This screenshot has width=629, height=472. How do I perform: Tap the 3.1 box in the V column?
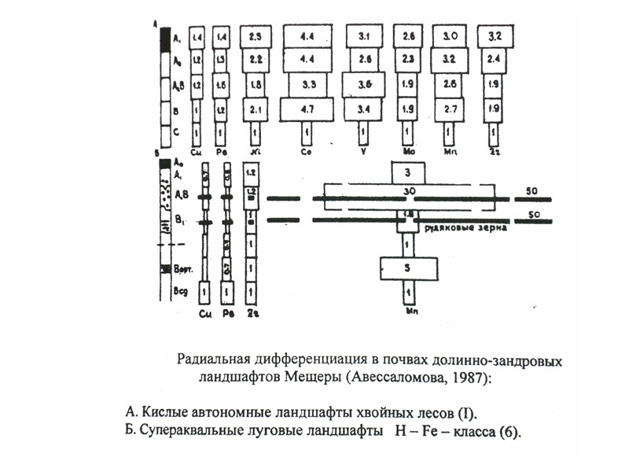(x=363, y=36)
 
